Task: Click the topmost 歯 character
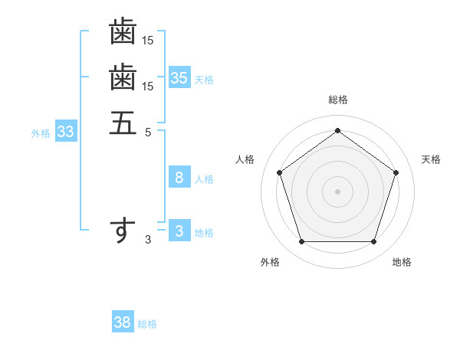(123, 32)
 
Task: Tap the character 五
(123, 123)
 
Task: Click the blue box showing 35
(179, 77)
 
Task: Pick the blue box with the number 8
(179, 178)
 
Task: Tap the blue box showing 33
(66, 132)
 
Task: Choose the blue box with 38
(123, 322)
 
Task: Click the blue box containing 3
(179, 231)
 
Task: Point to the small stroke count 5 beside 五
(148, 132)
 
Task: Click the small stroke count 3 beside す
(148, 240)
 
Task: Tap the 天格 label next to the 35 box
(204, 79)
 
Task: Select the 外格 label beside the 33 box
(41, 133)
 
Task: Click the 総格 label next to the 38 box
(147, 324)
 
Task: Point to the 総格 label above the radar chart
(337, 100)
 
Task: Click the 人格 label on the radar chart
(245, 159)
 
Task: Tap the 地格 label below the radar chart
(402, 262)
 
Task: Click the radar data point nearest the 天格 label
(396, 172)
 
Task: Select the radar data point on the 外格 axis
(301, 242)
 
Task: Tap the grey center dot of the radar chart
(337, 191)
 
